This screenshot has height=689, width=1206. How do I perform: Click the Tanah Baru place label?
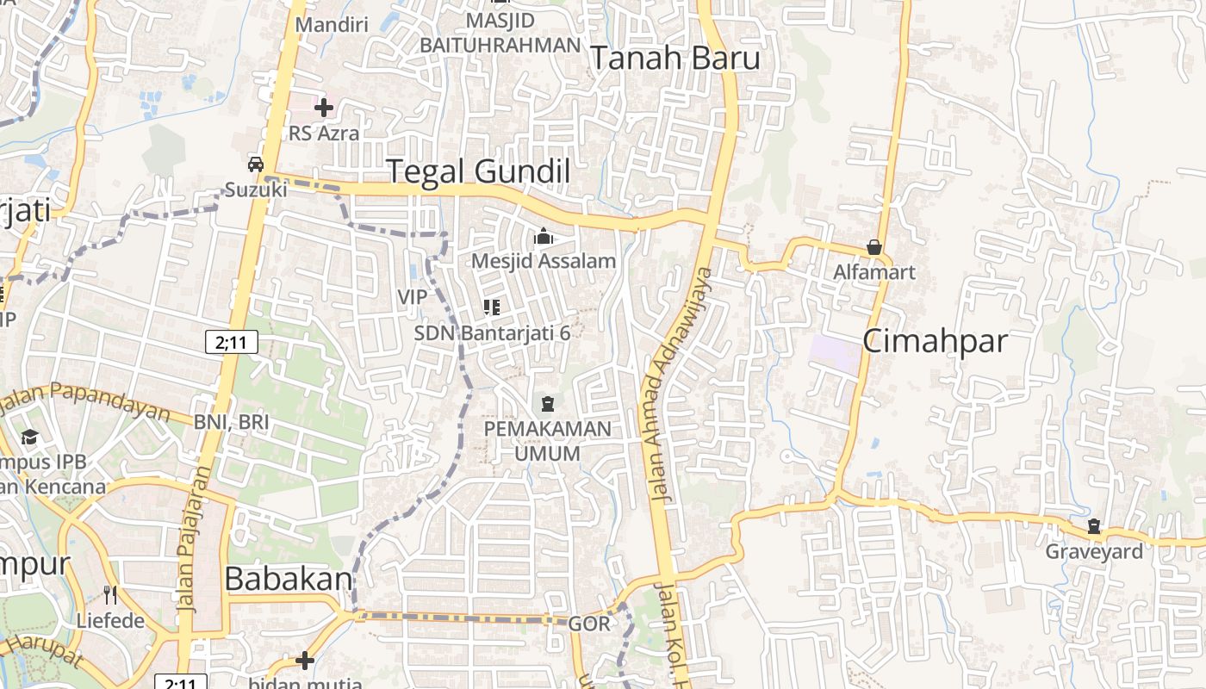tap(674, 59)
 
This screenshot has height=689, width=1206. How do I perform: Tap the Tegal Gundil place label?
tap(477, 171)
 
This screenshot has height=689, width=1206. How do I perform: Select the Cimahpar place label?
tap(935, 341)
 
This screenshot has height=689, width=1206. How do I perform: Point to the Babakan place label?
tap(289, 580)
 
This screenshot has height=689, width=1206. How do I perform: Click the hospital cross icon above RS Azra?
tap(324, 108)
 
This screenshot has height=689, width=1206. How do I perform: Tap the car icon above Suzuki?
tap(256, 164)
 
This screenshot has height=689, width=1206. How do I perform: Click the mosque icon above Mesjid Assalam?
tap(544, 236)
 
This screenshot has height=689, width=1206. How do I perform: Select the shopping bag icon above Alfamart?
tap(874, 248)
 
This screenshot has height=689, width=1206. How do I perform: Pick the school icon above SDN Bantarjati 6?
tap(492, 307)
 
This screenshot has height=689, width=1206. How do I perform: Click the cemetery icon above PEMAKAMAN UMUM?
tap(547, 403)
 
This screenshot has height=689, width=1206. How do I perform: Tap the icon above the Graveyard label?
tap(1094, 526)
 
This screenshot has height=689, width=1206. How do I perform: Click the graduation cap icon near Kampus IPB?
tap(30, 437)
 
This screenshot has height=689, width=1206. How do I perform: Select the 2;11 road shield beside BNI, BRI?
tap(232, 343)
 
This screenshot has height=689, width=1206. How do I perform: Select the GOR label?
tap(590, 624)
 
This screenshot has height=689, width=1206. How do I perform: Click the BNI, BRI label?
tap(231, 422)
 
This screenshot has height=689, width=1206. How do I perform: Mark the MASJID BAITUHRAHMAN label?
tap(500, 33)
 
